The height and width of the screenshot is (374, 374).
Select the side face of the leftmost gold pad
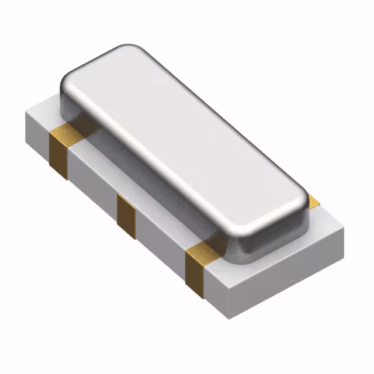click(x=59, y=155)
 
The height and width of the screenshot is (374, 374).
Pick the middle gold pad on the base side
click(x=126, y=214)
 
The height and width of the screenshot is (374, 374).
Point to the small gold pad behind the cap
click(x=313, y=202)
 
